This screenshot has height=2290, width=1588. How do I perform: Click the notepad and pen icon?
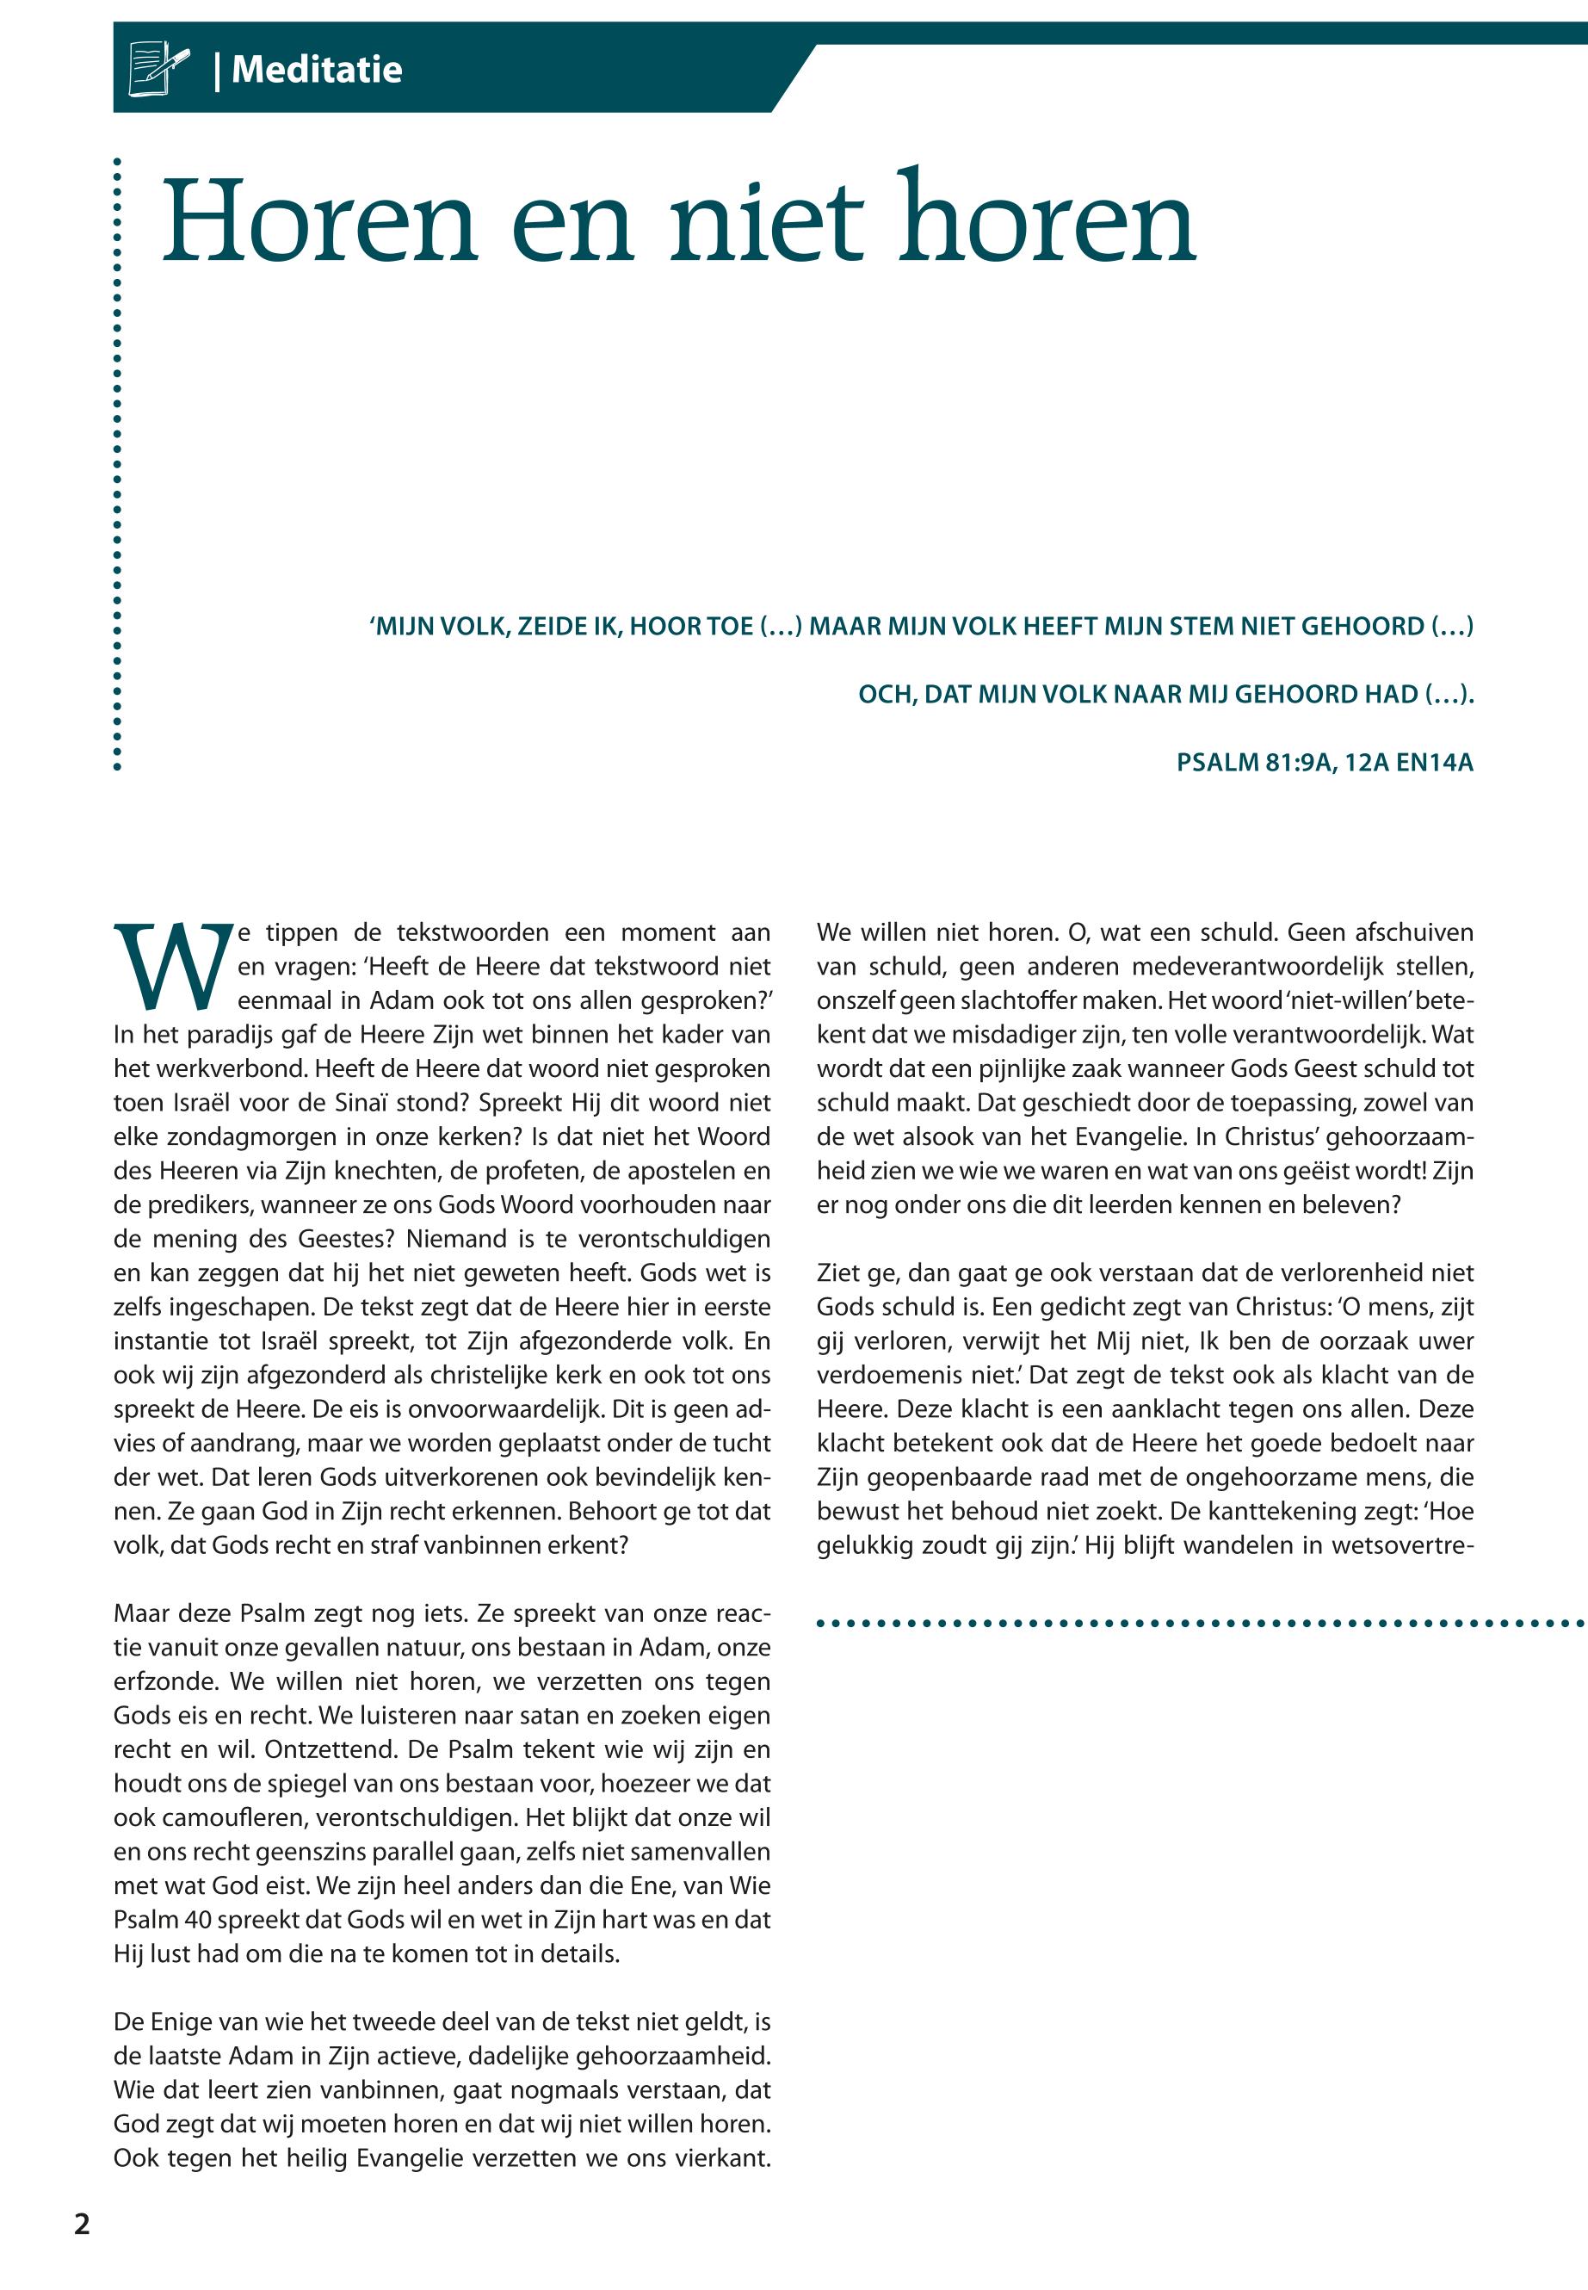158,69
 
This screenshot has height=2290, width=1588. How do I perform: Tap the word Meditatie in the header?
317,70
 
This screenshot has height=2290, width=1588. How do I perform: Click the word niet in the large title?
766,221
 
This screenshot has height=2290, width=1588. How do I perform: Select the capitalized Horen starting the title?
319,221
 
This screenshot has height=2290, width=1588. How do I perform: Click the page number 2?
82,2225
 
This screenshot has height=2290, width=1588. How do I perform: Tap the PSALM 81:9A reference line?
1324,764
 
